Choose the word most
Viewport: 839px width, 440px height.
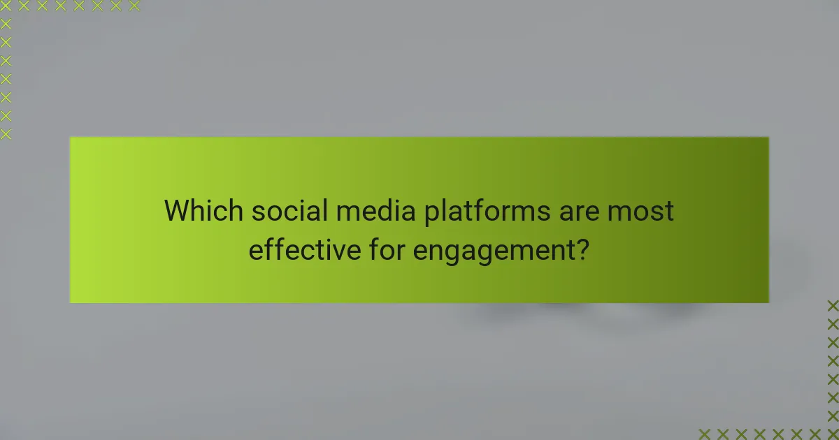tap(644, 211)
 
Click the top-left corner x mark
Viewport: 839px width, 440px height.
tap(6, 6)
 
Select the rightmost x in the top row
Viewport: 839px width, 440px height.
tap(134, 6)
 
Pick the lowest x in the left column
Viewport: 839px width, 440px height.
tap(6, 134)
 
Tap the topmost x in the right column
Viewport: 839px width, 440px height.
tap(833, 305)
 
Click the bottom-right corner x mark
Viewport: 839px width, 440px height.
tap(833, 434)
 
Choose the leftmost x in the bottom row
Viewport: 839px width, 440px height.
tap(704, 434)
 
